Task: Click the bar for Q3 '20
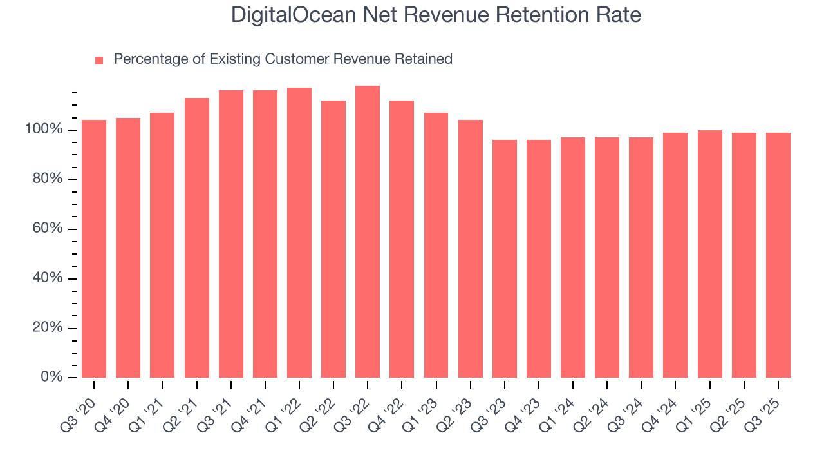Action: (94, 249)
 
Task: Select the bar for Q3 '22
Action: (368, 232)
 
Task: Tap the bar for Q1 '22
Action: (299, 233)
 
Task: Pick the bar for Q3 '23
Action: (505, 258)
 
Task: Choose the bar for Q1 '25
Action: (710, 254)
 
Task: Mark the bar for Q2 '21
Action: (197, 238)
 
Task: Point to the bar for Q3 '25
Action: (778, 255)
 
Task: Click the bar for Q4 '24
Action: (675, 255)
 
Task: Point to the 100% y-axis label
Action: (44, 130)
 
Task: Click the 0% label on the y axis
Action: (51, 377)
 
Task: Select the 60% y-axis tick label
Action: (48, 229)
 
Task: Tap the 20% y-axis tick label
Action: (48, 328)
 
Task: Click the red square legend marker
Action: (99, 61)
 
